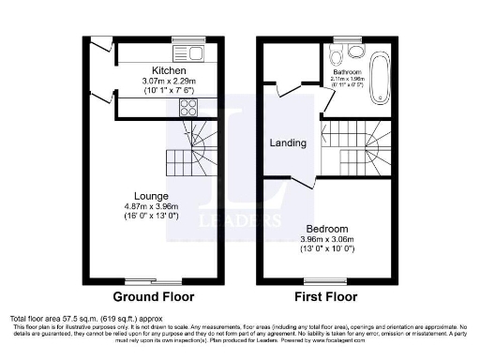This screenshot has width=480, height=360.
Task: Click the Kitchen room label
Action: click(x=169, y=71)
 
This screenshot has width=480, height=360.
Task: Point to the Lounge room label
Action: click(x=150, y=196)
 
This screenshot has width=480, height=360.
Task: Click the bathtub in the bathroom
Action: click(x=378, y=78)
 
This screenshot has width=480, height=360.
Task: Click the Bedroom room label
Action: click(x=327, y=228)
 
